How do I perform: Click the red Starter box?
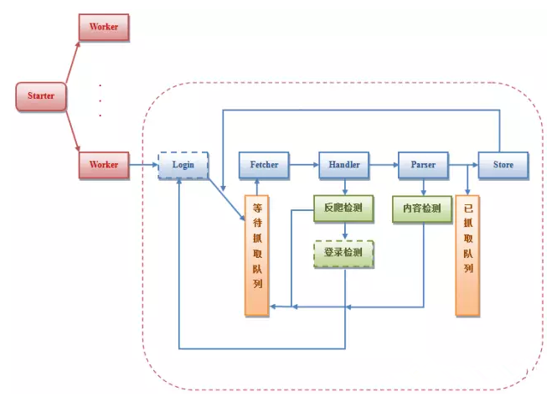(x=40, y=96)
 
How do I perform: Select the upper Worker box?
(x=104, y=27)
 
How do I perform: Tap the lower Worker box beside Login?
(x=104, y=165)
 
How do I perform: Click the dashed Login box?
(x=183, y=165)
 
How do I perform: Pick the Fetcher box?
(x=264, y=165)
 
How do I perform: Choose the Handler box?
(x=343, y=165)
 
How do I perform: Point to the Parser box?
(x=422, y=165)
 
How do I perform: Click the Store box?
(x=503, y=165)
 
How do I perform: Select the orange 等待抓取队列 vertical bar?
(x=255, y=255)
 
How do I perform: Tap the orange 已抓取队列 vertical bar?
(x=467, y=255)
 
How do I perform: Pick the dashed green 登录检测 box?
(x=343, y=253)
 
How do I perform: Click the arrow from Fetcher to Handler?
(x=303, y=165)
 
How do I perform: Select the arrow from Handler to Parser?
(x=383, y=165)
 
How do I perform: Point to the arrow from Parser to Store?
(x=462, y=165)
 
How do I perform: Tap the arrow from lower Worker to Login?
(x=143, y=165)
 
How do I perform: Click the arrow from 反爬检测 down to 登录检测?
(x=343, y=231)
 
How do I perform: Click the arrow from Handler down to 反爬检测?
(x=343, y=186)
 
